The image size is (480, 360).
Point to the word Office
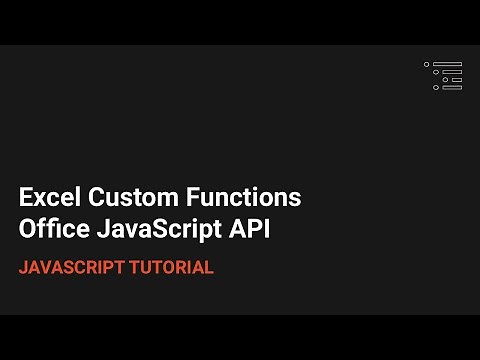[50, 229]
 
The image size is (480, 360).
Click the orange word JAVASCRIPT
[74, 268]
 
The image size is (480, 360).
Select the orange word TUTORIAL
[173, 268]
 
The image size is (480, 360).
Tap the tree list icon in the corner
[443, 75]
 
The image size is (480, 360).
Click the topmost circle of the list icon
[427, 64]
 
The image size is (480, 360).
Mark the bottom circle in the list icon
[435, 87]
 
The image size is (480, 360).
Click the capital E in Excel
[26, 197]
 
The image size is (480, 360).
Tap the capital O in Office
[28, 229]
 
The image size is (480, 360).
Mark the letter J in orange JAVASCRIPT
[23, 268]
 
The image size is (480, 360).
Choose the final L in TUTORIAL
[209, 268]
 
